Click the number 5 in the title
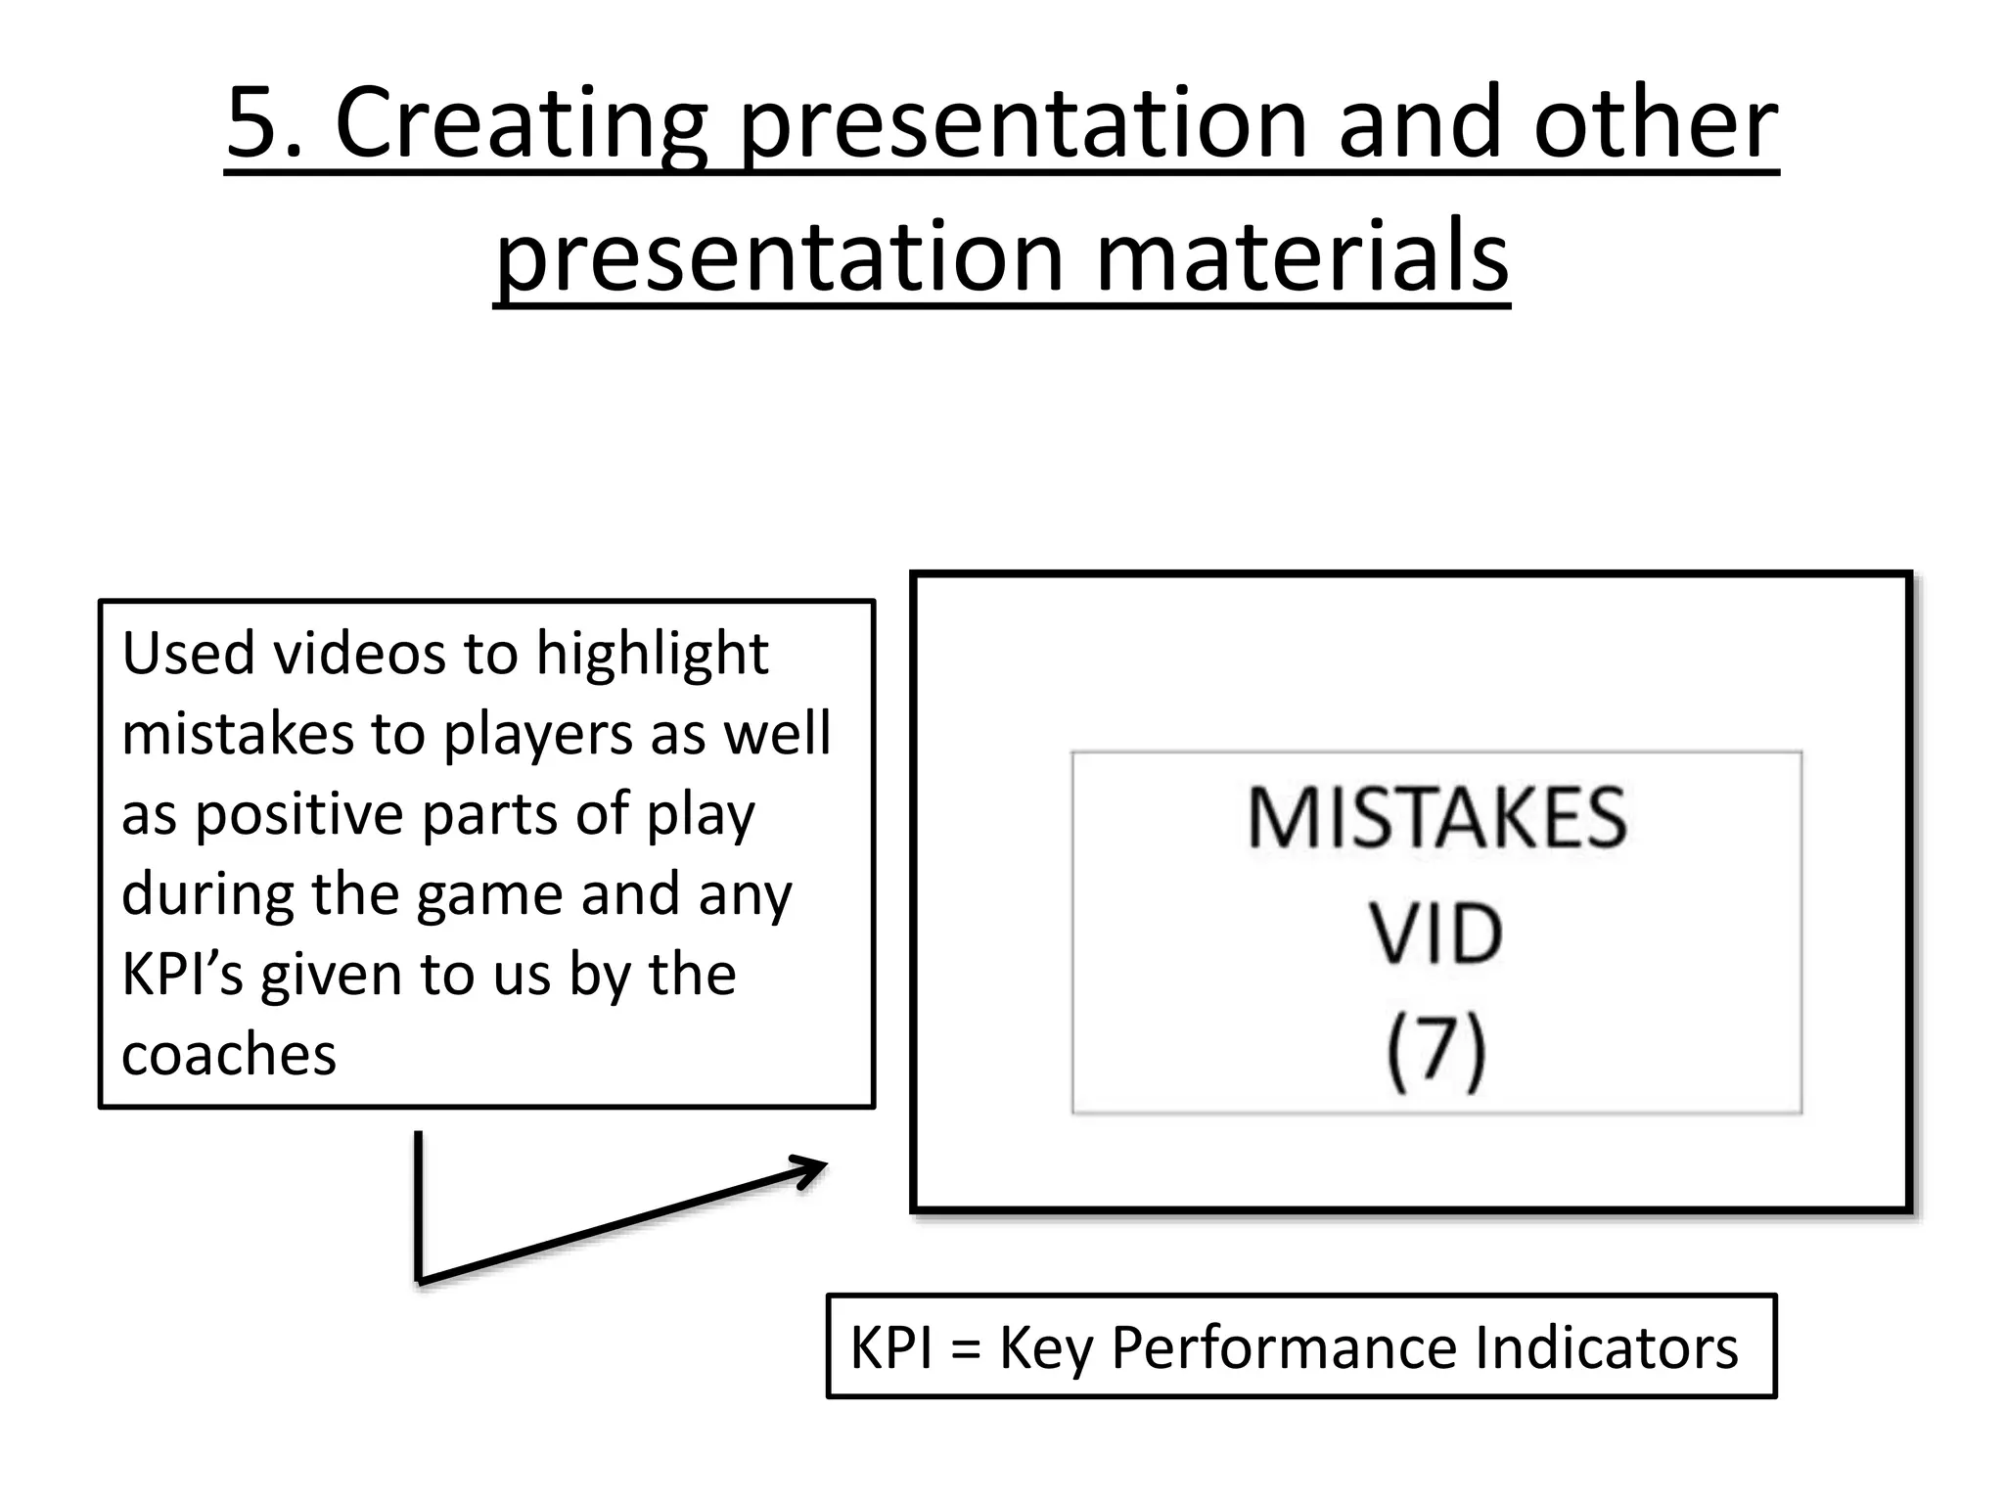pyautogui.click(x=252, y=123)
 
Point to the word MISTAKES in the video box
pyautogui.click(x=1436, y=818)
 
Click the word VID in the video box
pyautogui.click(x=1435, y=934)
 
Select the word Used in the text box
pyautogui.click(x=187, y=654)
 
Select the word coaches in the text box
pyautogui.click(x=229, y=1056)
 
